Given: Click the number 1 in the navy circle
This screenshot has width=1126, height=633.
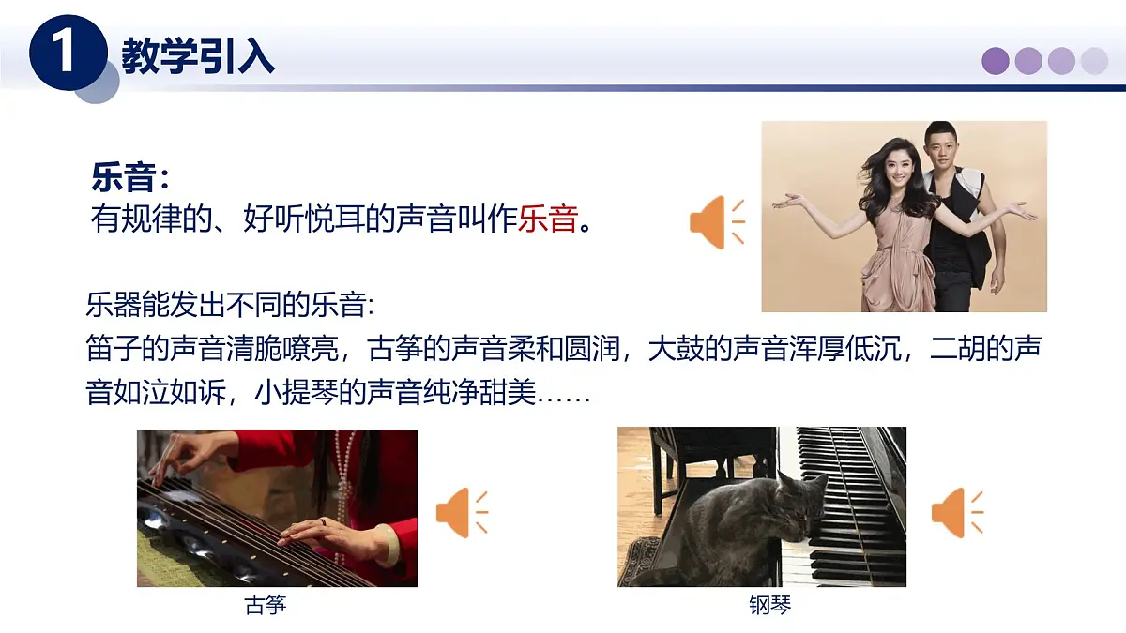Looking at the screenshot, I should (66, 54).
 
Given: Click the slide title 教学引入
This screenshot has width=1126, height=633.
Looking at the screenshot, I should (198, 56).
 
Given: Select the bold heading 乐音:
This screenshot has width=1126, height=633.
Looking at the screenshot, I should (130, 176).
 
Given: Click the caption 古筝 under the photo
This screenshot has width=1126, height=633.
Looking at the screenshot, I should (265, 606).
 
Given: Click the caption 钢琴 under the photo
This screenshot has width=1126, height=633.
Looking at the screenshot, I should (769, 606).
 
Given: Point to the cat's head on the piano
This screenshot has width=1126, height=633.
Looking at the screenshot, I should (802, 502).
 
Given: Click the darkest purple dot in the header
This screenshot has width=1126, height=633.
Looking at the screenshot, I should (996, 61).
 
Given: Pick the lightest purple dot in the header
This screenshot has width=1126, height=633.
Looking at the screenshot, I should (1094, 61).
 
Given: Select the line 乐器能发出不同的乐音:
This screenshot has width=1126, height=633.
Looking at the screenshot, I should (229, 308).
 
